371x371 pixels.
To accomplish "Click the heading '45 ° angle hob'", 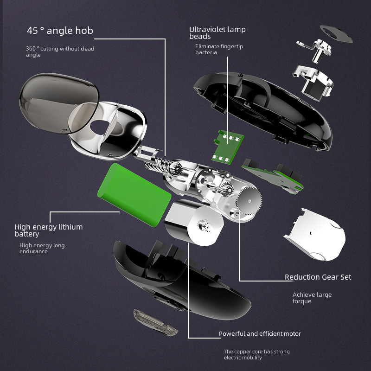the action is click(x=60, y=31).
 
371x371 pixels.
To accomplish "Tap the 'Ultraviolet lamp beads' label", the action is click(x=217, y=32).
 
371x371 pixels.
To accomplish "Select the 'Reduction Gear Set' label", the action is click(x=318, y=277).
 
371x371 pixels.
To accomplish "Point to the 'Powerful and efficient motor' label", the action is click(x=260, y=333).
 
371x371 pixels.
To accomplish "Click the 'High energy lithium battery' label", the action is click(x=49, y=230).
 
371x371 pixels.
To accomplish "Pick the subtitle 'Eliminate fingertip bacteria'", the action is click(x=219, y=49).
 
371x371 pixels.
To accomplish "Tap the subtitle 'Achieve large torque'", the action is click(x=312, y=298).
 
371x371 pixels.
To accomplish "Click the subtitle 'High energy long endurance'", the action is click(x=42, y=248).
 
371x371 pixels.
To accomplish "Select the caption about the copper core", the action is click(x=257, y=354).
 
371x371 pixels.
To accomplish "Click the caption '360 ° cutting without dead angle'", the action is click(x=60, y=51).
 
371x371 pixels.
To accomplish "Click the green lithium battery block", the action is click(x=134, y=194).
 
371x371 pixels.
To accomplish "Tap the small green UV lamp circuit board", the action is click(x=228, y=147).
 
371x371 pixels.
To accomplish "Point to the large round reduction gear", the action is click(x=249, y=201).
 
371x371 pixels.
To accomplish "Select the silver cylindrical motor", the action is click(x=194, y=223).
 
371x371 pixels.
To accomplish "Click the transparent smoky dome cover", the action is click(x=58, y=103).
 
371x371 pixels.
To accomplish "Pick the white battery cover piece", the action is click(x=315, y=235).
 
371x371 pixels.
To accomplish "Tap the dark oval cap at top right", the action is click(x=336, y=34).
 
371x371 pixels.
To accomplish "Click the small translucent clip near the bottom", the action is click(x=155, y=322).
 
